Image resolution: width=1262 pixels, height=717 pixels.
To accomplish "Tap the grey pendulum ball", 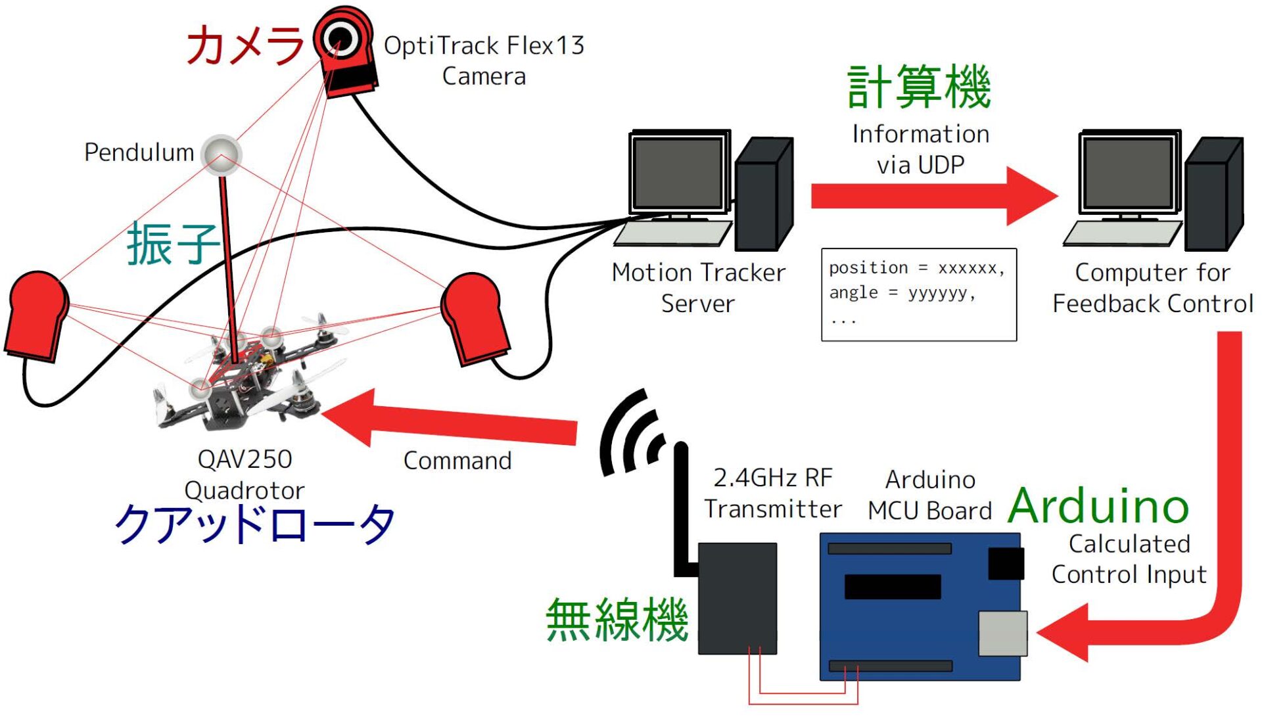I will click(x=222, y=154).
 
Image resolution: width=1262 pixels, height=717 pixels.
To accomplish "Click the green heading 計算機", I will click(x=919, y=87).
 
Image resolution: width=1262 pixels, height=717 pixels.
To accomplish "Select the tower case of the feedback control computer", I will click(x=1212, y=195).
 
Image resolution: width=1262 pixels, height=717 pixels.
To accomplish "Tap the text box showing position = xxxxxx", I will click(x=918, y=294).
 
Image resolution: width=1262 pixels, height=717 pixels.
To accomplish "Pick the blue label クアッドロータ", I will click(x=255, y=524).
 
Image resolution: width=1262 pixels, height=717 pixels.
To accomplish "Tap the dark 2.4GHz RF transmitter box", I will click(x=737, y=598).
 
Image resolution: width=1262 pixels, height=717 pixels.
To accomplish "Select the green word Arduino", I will click(x=1098, y=507).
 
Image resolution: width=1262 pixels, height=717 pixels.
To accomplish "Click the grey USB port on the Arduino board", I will click(x=1002, y=633).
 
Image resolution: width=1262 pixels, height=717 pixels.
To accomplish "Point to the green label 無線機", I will click(x=617, y=620).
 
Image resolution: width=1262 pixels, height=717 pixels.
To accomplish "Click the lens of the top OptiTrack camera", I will click(x=341, y=37).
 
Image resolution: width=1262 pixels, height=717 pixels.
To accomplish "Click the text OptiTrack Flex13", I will click(x=484, y=46).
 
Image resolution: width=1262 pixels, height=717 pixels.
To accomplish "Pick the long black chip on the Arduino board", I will click(x=892, y=586).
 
